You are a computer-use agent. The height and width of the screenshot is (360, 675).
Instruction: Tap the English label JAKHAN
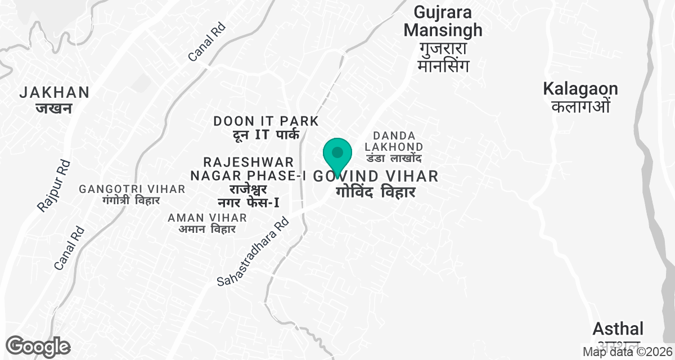pyautogui.click(x=54, y=92)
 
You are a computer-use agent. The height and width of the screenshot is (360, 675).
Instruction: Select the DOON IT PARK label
pyautogui.click(x=266, y=121)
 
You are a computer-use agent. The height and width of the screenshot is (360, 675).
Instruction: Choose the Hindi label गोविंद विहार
pyautogui.click(x=375, y=192)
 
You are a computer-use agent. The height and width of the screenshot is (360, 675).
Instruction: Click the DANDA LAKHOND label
pyautogui.click(x=394, y=141)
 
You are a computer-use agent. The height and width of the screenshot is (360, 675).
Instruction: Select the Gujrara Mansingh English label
pyautogui.click(x=443, y=21)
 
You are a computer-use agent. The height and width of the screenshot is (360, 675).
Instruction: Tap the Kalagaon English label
pyautogui.click(x=580, y=89)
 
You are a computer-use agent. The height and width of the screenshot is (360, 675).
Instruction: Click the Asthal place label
pyautogui.click(x=618, y=328)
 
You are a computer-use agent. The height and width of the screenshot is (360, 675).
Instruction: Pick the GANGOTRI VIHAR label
pyautogui.click(x=132, y=189)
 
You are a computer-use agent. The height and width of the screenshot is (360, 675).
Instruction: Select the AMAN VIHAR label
pyautogui.click(x=207, y=218)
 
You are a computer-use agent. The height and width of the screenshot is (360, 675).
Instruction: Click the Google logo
pyautogui.click(x=38, y=346)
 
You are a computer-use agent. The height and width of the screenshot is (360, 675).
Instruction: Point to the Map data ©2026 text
pyautogui.click(x=627, y=352)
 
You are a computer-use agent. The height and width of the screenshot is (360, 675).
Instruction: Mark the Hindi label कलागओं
pyautogui.click(x=580, y=106)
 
